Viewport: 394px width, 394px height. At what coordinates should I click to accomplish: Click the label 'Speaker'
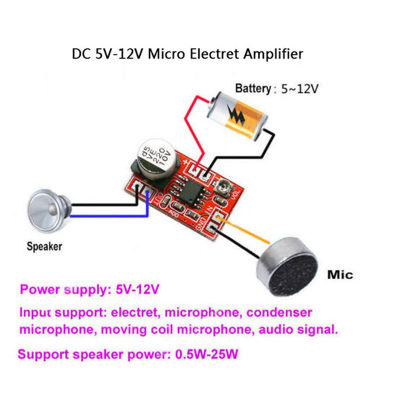click(x=44, y=246)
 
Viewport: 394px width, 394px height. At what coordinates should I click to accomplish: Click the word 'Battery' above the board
click(x=253, y=88)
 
